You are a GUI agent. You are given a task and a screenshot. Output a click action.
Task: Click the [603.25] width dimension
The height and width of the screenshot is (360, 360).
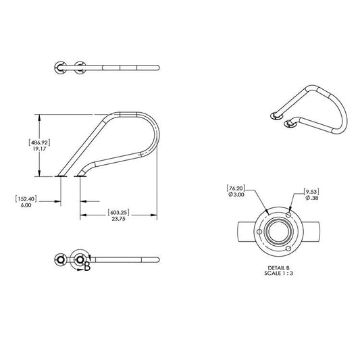(120, 212)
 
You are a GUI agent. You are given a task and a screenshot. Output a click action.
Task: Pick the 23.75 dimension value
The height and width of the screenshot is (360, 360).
(120, 220)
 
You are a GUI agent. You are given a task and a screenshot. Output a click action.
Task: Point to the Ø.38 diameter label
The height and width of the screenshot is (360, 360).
(311, 199)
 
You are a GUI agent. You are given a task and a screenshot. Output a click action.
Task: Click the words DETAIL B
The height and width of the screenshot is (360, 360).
(279, 268)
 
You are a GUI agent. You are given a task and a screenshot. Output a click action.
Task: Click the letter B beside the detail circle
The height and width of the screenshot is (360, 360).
(87, 267)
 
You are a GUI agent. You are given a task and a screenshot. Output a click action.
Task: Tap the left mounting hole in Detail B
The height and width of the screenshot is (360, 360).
(260, 232)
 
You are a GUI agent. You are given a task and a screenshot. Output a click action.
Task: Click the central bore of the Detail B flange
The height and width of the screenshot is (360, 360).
(278, 232)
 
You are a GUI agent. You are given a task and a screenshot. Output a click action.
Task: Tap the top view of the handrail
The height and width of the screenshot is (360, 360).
(108, 67)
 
